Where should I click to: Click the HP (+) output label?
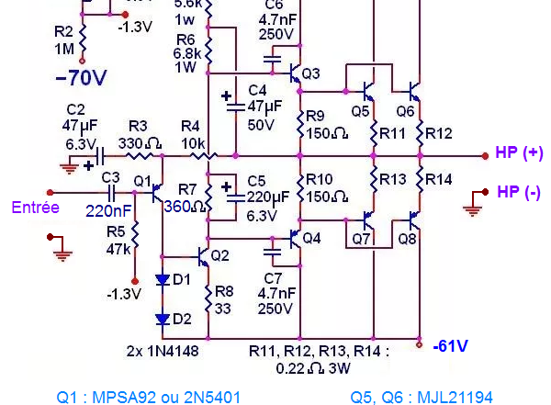(x=519, y=153)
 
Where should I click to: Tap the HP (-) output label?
(x=519, y=192)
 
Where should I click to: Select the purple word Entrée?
(x=36, y=208)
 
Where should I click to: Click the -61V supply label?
(x=450, y=346)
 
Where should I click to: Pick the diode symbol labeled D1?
(x=163, y=279)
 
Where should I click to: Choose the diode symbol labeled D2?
(x=163, y=319)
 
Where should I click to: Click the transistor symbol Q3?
(x=293, y=72)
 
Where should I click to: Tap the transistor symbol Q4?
(x=293, y=239)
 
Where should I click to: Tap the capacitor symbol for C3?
(x=112, y=193)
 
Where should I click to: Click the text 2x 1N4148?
(x=163, y=351)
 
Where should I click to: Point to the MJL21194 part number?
(x=455, y=397)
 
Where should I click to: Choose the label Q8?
(x=407, y=239)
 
